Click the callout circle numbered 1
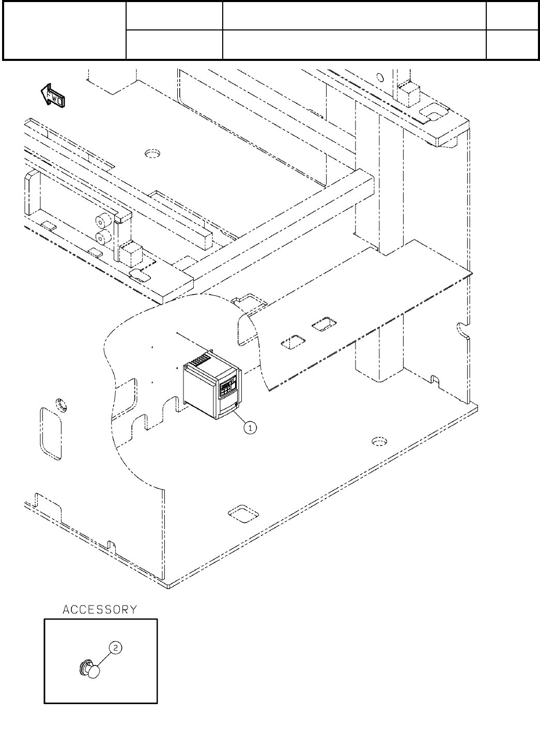(x=249, y=427)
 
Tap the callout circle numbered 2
(x=116, y=648)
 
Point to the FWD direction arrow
(x=52, y=96)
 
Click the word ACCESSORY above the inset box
(x=100, y=610)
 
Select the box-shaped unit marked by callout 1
(x=211, y=387)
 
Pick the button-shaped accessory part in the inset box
(x=91, y=671)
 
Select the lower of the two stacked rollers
(x=102, y=238)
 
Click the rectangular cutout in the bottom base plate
(x=243, y=514)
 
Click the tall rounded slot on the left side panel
(x=50, y=433)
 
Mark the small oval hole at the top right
(x=380, y=78)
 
